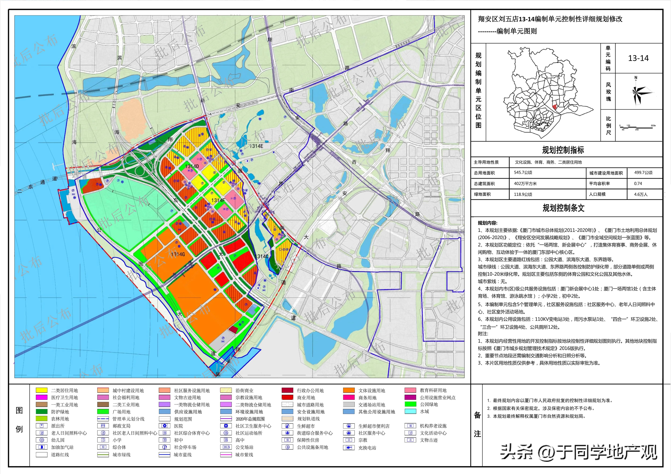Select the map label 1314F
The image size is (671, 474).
point(218,200)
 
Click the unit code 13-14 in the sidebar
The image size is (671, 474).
point(638,58)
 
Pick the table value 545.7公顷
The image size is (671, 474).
point(523,173)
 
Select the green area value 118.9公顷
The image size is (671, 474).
point(523,194)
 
